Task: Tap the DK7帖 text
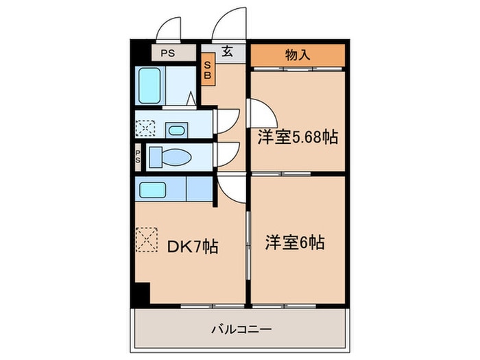click(x=193, y=246)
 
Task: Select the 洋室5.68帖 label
click(x=297, y=137)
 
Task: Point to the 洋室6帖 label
click(x=295, y=242)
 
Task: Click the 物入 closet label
click(x=296, y=56)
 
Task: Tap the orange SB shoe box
click(x=207, y=71)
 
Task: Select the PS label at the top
click(x=167, y=53)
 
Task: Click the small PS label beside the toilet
click(x=138, y=157)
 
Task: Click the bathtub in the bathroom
click(x=150, y=86)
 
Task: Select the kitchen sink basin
click(x=150, y=188)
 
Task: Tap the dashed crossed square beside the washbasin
click(x=145, y=128)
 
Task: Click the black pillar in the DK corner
click(x=141, y=293)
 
